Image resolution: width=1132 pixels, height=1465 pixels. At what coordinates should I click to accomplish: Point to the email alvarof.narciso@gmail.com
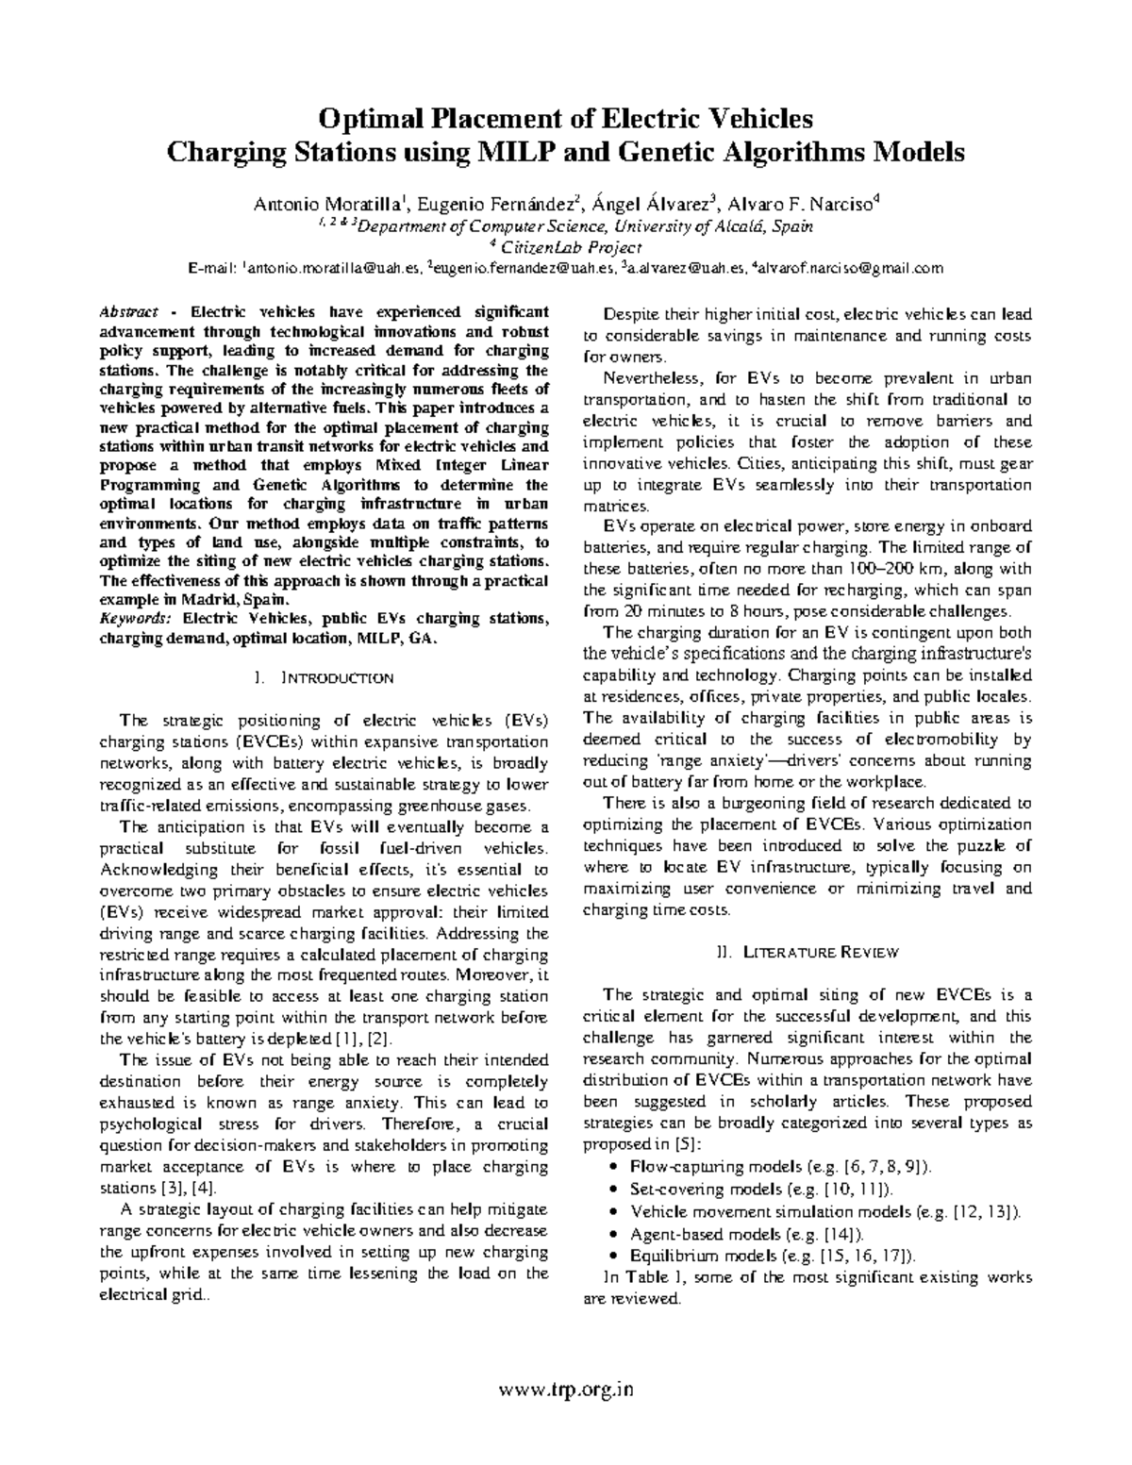pyautogui.click(x=848, y=269)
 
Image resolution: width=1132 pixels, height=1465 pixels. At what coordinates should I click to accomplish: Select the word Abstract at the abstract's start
pyautogui.click(x=130, y=312)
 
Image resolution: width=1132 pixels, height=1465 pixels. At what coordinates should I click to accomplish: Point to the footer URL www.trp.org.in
pyautogui.click(x=566, y=1389)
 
